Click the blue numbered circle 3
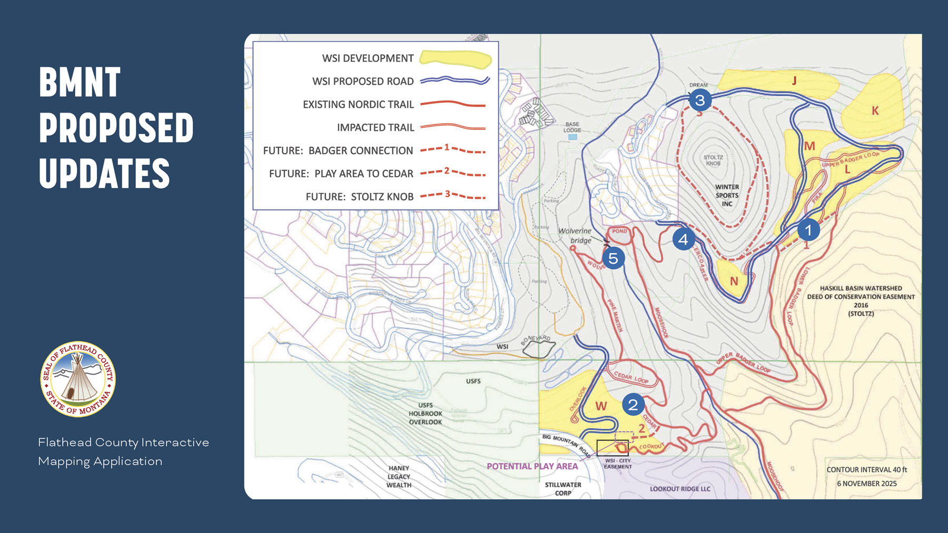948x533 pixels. tap(700, 99)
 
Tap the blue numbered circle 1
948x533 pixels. tap(808, 229)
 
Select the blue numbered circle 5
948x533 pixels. tap(613, 258)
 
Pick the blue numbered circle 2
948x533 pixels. tap(633, 404)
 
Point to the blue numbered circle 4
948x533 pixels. tap(683, 239)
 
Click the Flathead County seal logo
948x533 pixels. tap(78, 379)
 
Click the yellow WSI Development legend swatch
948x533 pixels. tap(456, 59)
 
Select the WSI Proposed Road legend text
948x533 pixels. tap(363, 82)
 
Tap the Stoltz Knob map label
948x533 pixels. tap(713, 160)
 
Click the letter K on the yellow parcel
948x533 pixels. tap(875, 110)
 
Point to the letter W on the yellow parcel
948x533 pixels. tap(601, 406)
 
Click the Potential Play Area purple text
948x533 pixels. tap(532, 466)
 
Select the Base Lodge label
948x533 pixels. tap(572, 127)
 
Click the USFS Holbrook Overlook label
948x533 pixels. tap(426, 414)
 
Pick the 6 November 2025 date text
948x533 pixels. tap(866, 484)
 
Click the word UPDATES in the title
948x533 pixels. tap(104, 174)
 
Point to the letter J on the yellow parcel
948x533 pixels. tap(794, 81)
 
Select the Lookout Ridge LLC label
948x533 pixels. tap(680, 489)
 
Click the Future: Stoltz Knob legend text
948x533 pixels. tap(360, 197)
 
